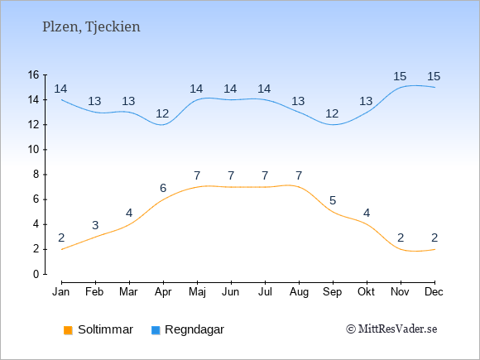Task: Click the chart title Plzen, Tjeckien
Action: pyautogui.click(x=91, y=27)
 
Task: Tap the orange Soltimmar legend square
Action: pyautogui.click(x=68, y=330)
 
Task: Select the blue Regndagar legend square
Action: pyautogui.click(x=156, y=330)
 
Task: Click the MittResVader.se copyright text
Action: pyautogui.click(x=391, y=329)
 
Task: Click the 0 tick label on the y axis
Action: pyautogui.click(x=36, y=274)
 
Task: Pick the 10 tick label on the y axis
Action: pyautogui.click(x=34, y=150)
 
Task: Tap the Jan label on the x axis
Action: pyautogui.click(x=61, y=292)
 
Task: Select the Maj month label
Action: pyautogui.click(x=197, y=292)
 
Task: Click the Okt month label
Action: pyautogui.click(x=366, y=292)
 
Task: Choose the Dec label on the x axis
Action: pyautogui.click(x=434, y=292)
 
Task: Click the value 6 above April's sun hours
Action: pyautogui.click(x=163, y=188)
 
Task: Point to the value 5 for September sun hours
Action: pyautogui.click(x=333, y=200)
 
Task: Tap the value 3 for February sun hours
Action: pyautogui.click(x=95, y=225)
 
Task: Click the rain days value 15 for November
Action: pyautogui.click(x=400, y=76)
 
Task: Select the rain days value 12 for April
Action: pyautogui.click(x=162, y=113)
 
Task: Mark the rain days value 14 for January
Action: pyautogui.click(x=60, y=89)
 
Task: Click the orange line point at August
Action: pyautogui.click(x=299, y=187)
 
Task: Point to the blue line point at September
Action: pyautogui.click(x=333, y=125)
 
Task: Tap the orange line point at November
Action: pyautogui.click(x=401, y=249)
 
